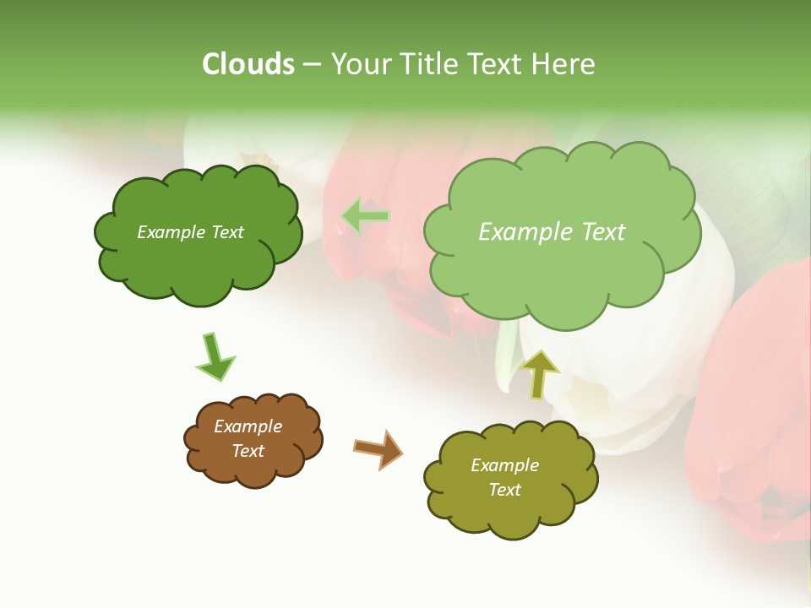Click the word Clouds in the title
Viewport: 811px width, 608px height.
(x=248, y=64)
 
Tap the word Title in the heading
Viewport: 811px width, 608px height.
(x=429, y=64)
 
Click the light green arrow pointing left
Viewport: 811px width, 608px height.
(x=366, y=217)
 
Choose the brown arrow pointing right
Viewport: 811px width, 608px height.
(x=378, y=448)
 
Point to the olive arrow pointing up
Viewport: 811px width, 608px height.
(x=538, y=374)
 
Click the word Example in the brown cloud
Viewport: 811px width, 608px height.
(x=248, y=426)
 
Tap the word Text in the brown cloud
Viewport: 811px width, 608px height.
(x=248, y=451)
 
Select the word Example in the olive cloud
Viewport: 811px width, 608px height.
(x=504, y=465)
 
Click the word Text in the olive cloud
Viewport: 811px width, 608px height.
(x=504, y=490)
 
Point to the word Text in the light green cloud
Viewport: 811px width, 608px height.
(x=603, y=232)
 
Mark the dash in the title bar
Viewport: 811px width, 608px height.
(x=312, y=64)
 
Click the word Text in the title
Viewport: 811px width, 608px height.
(x=497, y=64)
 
